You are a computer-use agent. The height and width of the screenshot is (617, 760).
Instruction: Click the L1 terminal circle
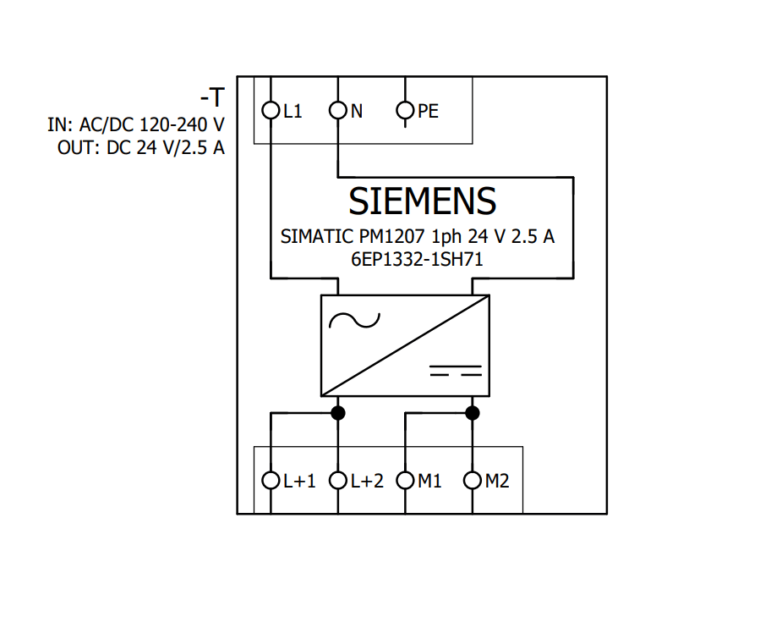pyautogui.click(x=271, y=110)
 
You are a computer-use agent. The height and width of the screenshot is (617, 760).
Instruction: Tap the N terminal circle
pyautogui.click(x=338, y=110)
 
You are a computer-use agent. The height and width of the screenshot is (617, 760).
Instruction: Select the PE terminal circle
pyautogui.click(x=406, y=110)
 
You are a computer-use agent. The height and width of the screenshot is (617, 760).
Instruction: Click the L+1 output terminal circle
pyautogui.click(x=271, y=481)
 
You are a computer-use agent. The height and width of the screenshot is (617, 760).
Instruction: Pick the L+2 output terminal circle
pyautogui.click(x=338, y=481)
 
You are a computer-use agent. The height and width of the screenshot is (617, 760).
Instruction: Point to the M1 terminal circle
pyautogui.click(x=406, y=481)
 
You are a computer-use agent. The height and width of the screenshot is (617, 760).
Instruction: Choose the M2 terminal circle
pyautogui.click(x=473, y=481)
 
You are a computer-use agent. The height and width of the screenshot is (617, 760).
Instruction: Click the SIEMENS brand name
pyautogui.click(x=423, y=201)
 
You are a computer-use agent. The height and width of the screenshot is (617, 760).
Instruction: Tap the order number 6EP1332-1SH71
pyautogui.click(x=417, y=260)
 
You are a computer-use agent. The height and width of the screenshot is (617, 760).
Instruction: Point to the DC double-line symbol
pyautogui.click(x=456, y=370)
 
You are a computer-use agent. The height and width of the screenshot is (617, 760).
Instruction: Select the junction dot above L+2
pyautogui.click(x=338, y=413)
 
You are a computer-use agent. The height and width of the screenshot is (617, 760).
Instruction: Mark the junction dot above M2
pyautogui.click(x=473, y=413)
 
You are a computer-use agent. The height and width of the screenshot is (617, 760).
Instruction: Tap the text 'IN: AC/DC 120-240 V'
pyautogui.click(x=136, y=125)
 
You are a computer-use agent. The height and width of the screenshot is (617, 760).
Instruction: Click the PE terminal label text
pyautogui.click(x=429, y=111)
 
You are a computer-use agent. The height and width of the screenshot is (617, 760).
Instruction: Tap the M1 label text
pyautogui.click(x=430, y=482)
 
